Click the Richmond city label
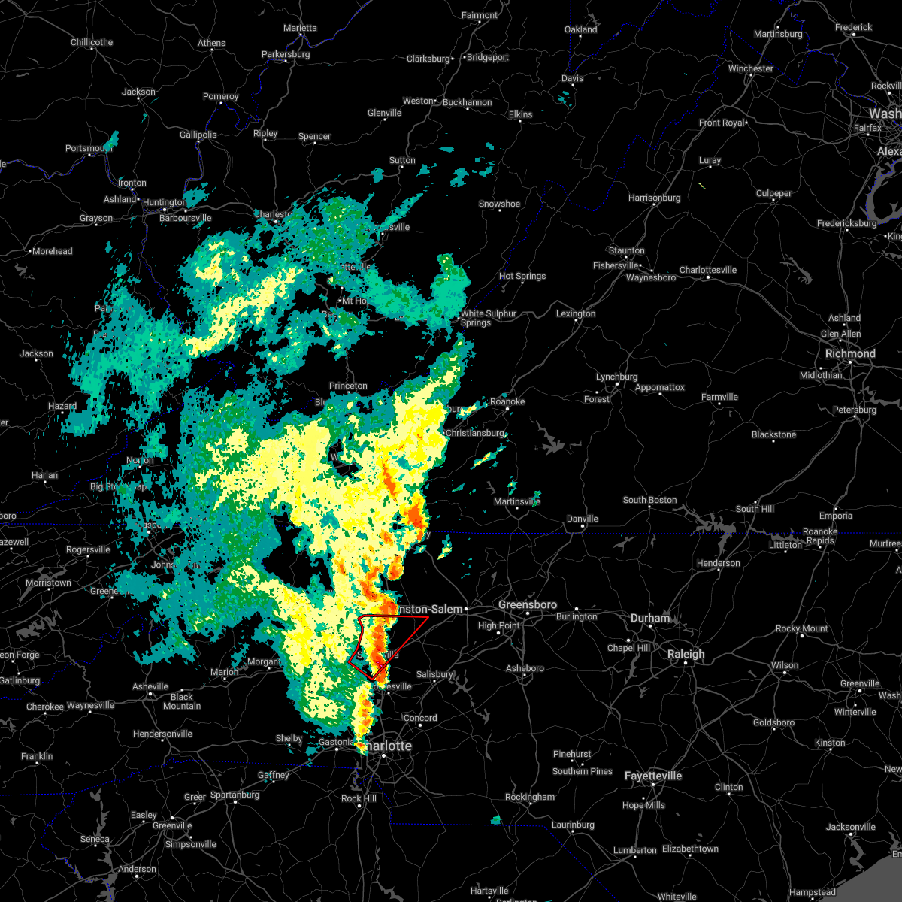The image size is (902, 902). click(x=850, y=353)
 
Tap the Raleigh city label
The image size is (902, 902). click(x=686, y=654)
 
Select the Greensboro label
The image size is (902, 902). click(x=528, y=604)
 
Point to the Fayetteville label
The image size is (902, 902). click(x=653, y=776)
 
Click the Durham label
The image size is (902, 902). click(x=650, y=618)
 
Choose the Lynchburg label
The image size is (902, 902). click(x=616, y=377)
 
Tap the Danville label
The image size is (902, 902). click(x=582, y=519)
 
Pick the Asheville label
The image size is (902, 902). click(x=150, y=686)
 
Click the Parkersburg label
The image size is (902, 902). click(x=286, y=54)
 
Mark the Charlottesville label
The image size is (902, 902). click(x=708, y=270)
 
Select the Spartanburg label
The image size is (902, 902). click(x=235, y=795)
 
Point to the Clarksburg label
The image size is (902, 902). click(x=428, y=59)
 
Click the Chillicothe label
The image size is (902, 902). click(x=92, y=42)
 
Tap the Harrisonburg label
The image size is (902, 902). click(x=654, y=198)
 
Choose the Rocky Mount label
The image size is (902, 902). click(x=801, y=628)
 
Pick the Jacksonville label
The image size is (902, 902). click(x=851, y=827)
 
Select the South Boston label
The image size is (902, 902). click(x=649, y=500)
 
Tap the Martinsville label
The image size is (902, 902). click(x=516, y=501)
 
